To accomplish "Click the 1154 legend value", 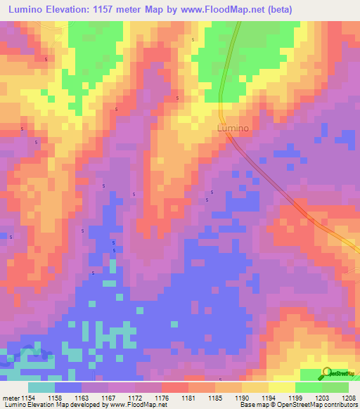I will point(27,398).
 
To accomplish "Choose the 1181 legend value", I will point(188,398).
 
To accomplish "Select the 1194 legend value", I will point(267,398).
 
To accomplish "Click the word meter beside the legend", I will point(9,398).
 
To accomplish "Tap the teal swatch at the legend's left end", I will point(41,387).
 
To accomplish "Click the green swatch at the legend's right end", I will point(335,387).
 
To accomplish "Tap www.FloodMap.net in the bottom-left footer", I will point(137,405).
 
